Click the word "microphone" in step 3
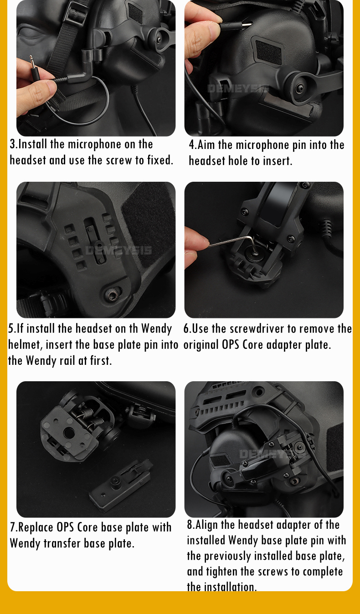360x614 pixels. [x=94, y=144]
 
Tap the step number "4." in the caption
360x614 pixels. [x=193, y=145]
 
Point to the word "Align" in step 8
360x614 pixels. [x=207, y=525]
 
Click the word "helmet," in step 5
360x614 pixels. [x=25, y=345]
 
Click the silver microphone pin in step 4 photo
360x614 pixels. [x=246, y=25]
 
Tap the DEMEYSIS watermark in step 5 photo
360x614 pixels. [x=118, y=250]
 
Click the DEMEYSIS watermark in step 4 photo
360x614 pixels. [x=238, y=88]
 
